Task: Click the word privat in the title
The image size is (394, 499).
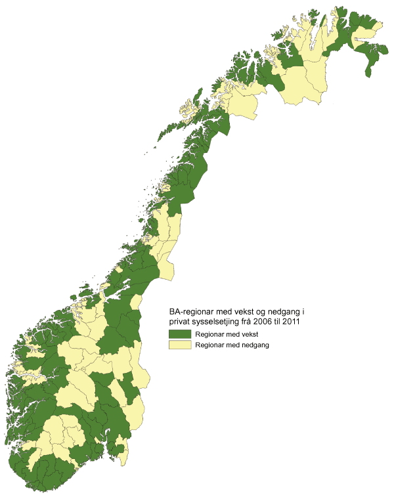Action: tap(179, 323)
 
